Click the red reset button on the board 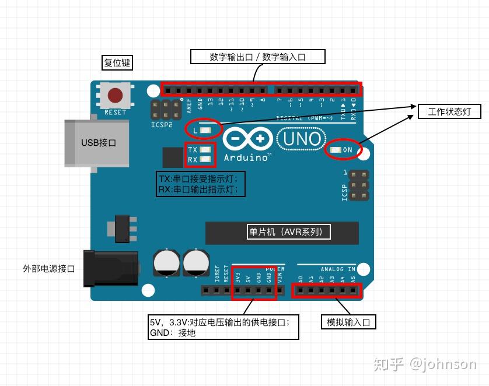click(x=116, y=95)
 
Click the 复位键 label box click(x=117, y=62)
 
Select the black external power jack click(x=111, y=268)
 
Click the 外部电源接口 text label click(x=49, y=269)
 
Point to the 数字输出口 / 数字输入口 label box click(x=258, y=57)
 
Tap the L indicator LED click(x=205, y=129)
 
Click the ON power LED click(x=336, y=150)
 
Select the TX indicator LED click(x=205, y=150)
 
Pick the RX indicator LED click(x=205, y=159)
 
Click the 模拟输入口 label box click(x=348, y=322)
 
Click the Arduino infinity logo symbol click(x=247, y=139)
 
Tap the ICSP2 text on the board click(x=162, y=124)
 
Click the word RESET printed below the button click(x=115, y=112)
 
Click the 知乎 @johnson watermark click(x=425, y=364)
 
